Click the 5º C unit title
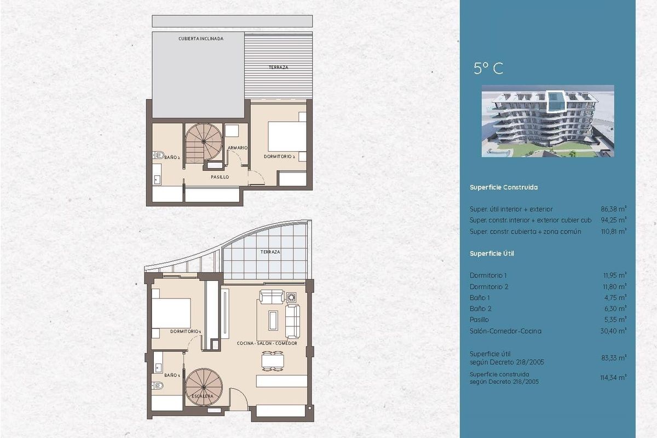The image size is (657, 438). coord(488,68)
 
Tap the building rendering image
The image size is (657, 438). coord(547,121)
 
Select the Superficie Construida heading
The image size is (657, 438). coord(503,187)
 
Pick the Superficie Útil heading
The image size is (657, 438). coord(492,253)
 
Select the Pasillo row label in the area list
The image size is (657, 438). coord(479,320)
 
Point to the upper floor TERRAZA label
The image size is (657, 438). coord(278,67)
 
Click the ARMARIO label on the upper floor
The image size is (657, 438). coord(239,148)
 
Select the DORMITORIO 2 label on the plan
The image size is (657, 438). coord(279,157)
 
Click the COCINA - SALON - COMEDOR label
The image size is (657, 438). coord(267,343)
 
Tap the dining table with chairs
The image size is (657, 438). coord(273,361)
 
